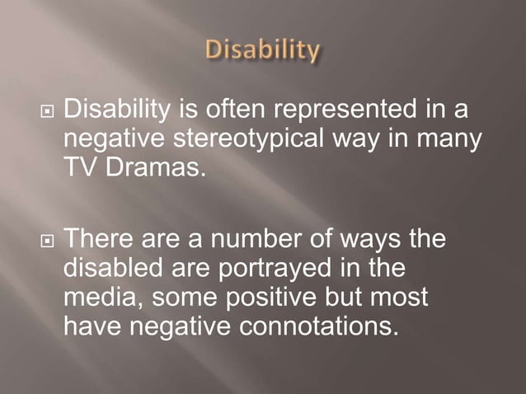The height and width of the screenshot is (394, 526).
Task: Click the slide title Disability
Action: point(263,51)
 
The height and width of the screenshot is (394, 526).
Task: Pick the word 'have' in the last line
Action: point(90,326)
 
